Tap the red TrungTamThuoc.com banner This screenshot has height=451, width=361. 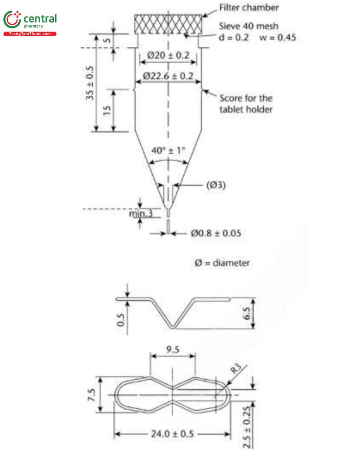[x=30, y=34]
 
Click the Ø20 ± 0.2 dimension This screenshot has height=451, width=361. [x=168, y=55]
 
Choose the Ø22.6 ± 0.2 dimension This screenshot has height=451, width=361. [x=168, y=76]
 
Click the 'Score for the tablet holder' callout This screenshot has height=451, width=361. [x=246, y=104]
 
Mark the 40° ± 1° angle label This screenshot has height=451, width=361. [x=168, y=150]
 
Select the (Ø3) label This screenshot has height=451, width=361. [x=216, y=185]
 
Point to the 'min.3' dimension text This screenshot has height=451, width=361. [x=141, y=213]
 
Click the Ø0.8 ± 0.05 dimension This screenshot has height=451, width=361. [x=215, y=233]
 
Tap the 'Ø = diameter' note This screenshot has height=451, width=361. [x=221, y=263]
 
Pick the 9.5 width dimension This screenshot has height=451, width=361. [x=173, y=349]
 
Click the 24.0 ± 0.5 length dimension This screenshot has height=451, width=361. [x=172, y=434]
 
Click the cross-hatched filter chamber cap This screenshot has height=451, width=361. [x=169, y=23]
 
